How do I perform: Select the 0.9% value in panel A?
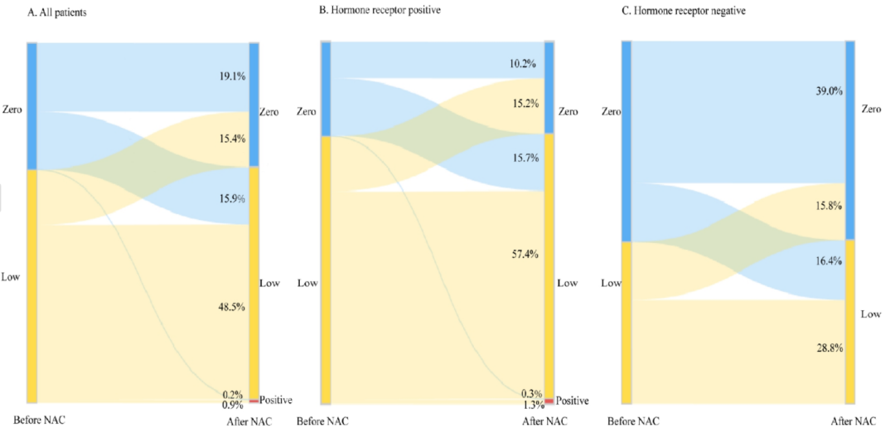pos(232,406)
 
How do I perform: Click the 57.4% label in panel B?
pos(525,254)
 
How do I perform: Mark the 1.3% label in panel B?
pos(533,405)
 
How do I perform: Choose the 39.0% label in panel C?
pos(829,91)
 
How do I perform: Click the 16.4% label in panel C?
pos(829,260)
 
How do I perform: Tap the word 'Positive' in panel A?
pos(276,400)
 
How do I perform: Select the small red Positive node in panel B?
pos(549,401)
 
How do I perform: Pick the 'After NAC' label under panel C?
pos(853,421)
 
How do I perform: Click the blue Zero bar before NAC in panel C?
pos(626,141)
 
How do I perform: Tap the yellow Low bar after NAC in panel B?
pos(549,265)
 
